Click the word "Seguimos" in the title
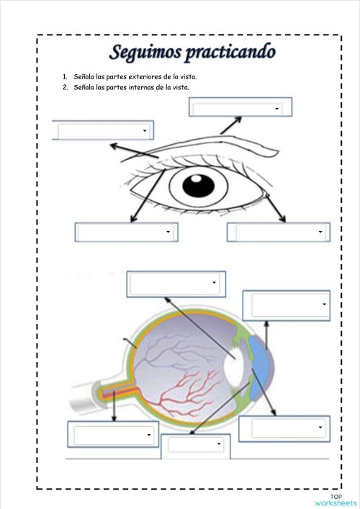click(145, 53)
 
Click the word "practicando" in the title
click(230, 53)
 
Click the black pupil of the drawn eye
click(198, 186)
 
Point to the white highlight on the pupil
click(196, 179)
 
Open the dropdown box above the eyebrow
click(240, 107)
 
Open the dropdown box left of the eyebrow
click(103, 130)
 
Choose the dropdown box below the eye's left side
click(126, 232)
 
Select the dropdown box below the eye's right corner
click(279, 232)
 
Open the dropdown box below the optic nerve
click(113, 434)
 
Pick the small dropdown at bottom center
click(196, 444)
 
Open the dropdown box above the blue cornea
click(287, 305)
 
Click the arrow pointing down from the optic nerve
click(114, 406)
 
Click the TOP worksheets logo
click(336, 500)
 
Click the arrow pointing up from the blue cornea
click(266, 335)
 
